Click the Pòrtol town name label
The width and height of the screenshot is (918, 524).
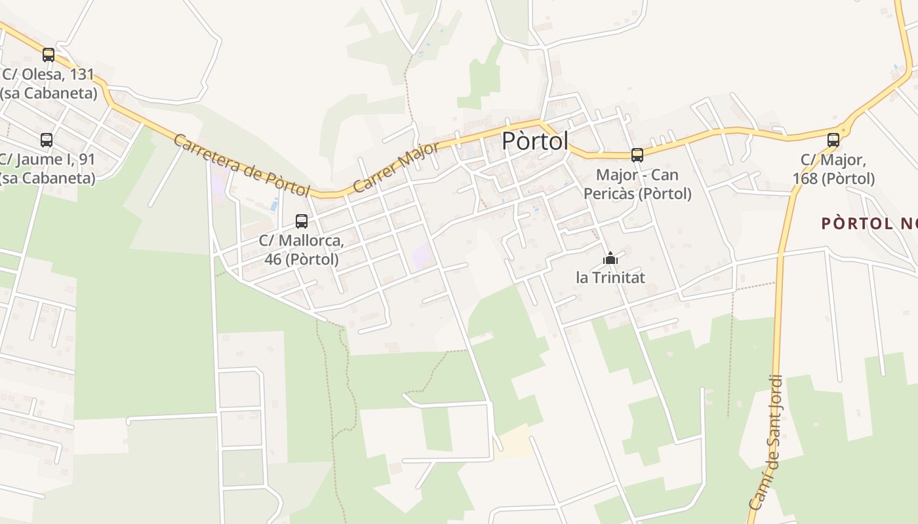[534, 141]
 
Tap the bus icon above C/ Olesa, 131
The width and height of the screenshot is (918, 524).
[49, 55]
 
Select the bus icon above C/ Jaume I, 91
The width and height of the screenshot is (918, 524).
[47, 140]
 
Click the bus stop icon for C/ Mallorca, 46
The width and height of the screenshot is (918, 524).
[302, 221]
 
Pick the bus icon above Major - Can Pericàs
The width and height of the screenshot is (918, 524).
[637, 155]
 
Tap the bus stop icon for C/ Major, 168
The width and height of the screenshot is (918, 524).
[833, 140]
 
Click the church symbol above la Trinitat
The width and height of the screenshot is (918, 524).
[610, 259]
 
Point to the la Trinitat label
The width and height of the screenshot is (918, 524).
[610, 278]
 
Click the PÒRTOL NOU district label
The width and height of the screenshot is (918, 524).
[869, 223]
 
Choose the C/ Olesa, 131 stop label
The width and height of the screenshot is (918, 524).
[49, 83]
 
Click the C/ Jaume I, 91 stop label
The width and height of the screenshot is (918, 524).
[47, 168]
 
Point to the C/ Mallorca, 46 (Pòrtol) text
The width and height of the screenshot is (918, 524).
[301, 250]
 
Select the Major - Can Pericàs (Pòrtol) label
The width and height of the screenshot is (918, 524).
[637, 184]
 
